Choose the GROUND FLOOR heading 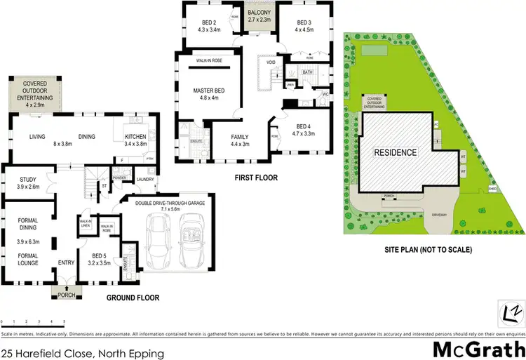pyautogui.click(x=133, y=298)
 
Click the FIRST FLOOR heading pyautogui.click(x=255, y=178)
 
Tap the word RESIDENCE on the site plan pyautogui.click(x=395, y=152)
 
